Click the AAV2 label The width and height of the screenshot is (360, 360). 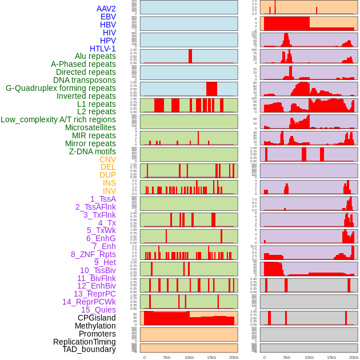coord(106,9)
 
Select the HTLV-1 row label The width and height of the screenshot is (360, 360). coord(102,49)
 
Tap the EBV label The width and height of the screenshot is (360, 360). coord(108,17)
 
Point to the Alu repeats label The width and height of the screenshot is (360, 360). coord(95,56)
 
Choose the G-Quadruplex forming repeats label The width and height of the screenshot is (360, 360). coord(61,88)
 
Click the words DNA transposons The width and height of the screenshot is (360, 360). coord(84,80)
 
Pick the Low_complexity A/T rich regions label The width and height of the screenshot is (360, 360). coord(58,119)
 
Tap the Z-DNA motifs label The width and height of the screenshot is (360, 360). coord(92,151)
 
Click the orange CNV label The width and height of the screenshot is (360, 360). coord(107,159)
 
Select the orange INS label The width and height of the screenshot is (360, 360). coord(109,183)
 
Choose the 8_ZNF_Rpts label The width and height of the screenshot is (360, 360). coord(93,254)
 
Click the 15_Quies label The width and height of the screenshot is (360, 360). coord(98,310)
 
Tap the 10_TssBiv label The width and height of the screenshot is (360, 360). coord(98,270)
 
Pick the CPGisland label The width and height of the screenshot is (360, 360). coord(97,318)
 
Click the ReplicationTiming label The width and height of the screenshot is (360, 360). coord(84,342)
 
